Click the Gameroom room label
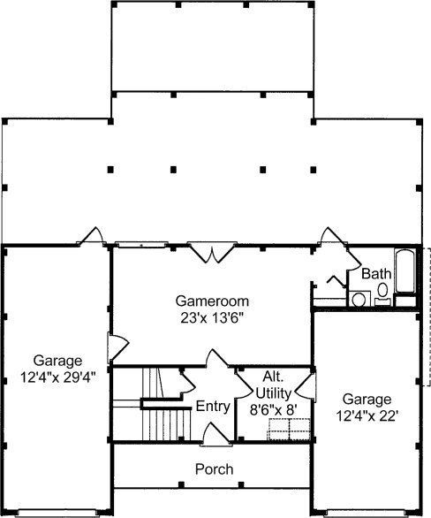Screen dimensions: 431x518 point(212,301)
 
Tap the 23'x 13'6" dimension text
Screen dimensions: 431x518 point(212,318)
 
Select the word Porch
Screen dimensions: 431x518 point(215,469)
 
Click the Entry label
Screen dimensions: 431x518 point(213,407)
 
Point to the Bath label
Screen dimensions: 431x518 point(376,274)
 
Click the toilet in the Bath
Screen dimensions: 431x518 point(382,293)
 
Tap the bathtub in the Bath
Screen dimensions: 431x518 point(405,270)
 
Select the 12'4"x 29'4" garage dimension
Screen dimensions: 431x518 point(57,377)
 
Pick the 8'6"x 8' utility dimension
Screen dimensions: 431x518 point(274,410)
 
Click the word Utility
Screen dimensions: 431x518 point(274,393)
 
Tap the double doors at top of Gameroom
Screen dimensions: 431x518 point(212,253)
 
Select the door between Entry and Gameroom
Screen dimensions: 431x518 point(217,358)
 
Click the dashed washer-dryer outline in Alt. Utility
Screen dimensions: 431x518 point(289,429)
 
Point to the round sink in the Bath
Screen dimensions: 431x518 point(359,300)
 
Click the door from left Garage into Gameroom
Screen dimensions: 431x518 point(117,347)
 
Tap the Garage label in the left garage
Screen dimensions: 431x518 point(57,361)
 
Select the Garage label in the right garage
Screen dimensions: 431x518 point(367,400)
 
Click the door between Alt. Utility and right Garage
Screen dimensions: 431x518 point(306,387)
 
